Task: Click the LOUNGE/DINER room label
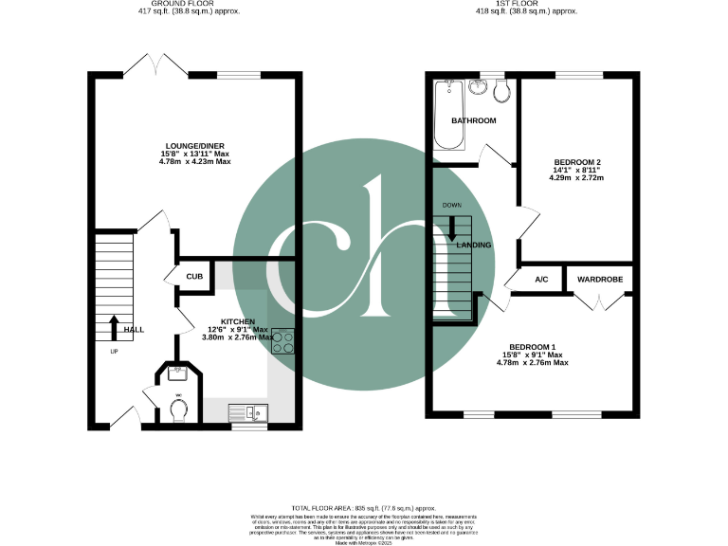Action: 196,146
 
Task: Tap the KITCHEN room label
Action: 238,321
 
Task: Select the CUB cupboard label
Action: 193,277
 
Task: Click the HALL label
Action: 135,329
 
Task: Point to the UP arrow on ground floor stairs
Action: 115,327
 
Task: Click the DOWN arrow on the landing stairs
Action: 452,228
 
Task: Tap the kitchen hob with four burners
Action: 283,343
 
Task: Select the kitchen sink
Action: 249,411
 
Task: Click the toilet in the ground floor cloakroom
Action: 177,409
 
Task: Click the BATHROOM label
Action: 473,121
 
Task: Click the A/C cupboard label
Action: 542,280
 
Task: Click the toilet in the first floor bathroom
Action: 501,92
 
